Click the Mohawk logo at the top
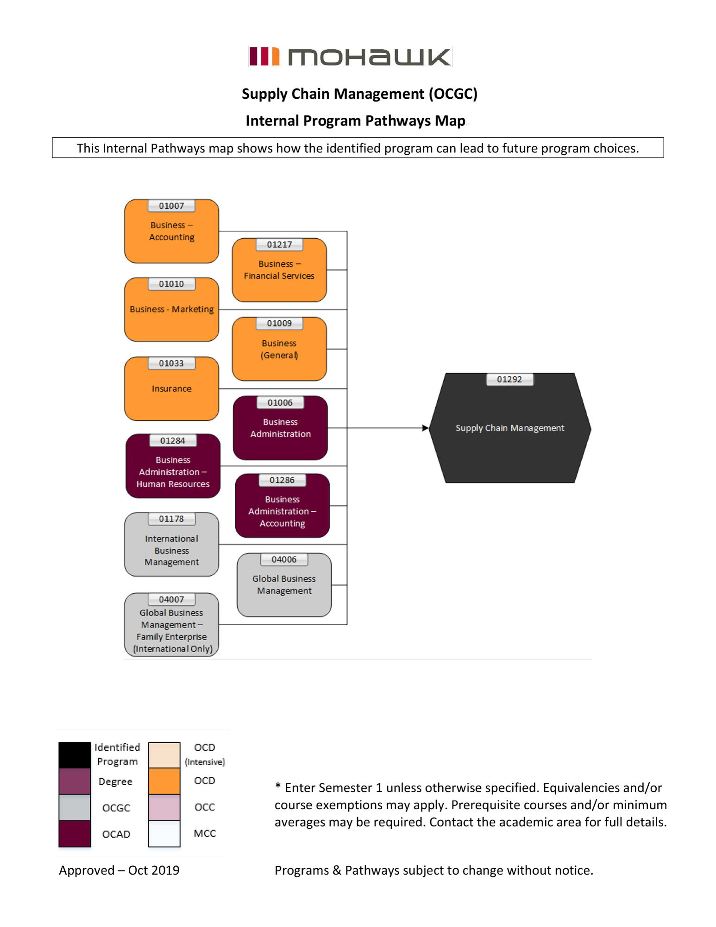tap(350, 57)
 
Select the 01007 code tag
tap(171, 206)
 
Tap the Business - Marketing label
tap(171, 309)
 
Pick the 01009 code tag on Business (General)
tap(279, 324)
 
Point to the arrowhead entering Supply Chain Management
tap(425, 428)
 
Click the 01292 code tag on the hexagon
tap(509, 380)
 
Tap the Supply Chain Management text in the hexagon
tap(509, 428)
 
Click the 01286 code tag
tap(282, 480)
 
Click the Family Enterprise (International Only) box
tap(171, 630)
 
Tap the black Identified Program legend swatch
tap(75, 755)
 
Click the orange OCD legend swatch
tap(164, 781)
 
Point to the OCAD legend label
tap(116, 834)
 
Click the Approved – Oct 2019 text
tap(119, 870)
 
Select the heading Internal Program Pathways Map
tap(355, 121)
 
